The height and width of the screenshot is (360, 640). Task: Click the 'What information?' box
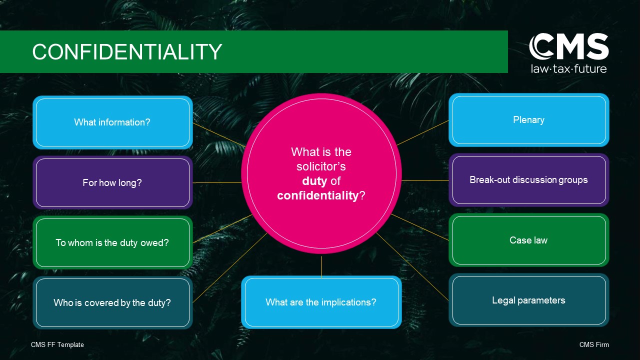tap(112, 122)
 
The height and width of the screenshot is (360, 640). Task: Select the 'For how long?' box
tap(112, 182)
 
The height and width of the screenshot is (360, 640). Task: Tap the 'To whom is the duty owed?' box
tap(112, 242)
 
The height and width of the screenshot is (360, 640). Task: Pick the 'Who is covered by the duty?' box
tap(112, 302)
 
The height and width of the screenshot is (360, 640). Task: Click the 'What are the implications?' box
tap(321, 302)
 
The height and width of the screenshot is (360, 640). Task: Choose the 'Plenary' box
tap(529, 120)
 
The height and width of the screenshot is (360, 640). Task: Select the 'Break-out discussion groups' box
tap(529, 180)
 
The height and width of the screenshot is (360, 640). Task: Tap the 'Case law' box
tap(529, 240)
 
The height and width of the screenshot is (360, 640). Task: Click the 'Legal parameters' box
tap(529, 300)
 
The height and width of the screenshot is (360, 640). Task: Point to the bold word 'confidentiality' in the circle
tap(317, 195)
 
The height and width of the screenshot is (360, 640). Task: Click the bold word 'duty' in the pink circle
tap(314, 181)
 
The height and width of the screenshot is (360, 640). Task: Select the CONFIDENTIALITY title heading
tap(127, 51)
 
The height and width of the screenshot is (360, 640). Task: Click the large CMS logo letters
tap(568, 46)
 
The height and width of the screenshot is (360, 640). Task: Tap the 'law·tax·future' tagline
tap(568, 69)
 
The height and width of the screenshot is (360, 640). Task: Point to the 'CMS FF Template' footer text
tap(57, 345)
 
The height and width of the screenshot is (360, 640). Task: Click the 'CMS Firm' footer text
tap(594, 345)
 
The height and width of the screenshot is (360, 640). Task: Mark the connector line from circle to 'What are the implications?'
tap(321, 266)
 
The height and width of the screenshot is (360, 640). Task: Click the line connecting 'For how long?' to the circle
tap(217, 182)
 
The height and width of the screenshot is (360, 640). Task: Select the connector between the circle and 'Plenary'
tap(423, 133)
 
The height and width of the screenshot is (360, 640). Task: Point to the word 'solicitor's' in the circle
tap(321, 166)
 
